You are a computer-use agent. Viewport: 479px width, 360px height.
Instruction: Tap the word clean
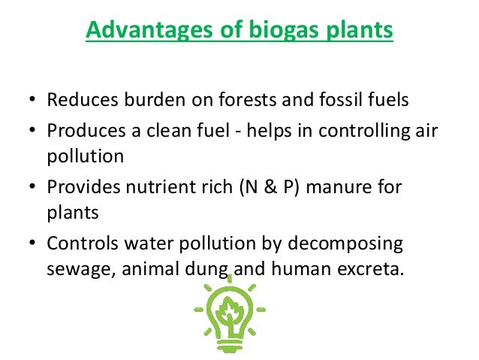click(170, 130)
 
